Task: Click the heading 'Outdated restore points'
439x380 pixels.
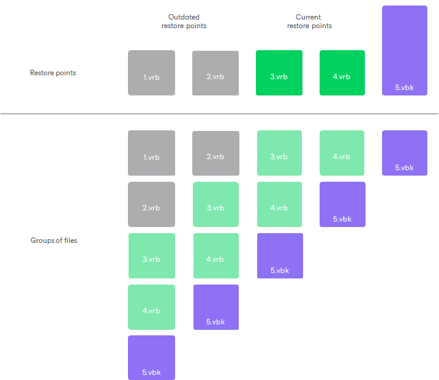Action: (x=184, y=21)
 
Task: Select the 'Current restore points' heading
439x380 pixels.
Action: (x=309, y=21)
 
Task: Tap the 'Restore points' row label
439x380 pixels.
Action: (x=53, y=73)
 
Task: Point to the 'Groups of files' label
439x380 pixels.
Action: (x=54, y=240)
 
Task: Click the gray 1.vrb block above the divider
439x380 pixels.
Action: (x=151, y=73)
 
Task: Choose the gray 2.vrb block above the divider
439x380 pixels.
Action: (x=216, y=73)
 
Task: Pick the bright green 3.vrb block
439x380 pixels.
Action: (x=279, y=73)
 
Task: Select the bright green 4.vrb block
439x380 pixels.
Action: (x=342, y=73)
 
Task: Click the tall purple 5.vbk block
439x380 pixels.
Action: (x=404, y=50)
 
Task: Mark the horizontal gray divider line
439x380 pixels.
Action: (x=219, y=114)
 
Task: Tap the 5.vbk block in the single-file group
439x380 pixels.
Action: (x=404, y=153)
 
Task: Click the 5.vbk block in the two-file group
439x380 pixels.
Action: (x=342, y=204)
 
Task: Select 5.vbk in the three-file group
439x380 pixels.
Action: (x=280, y=256)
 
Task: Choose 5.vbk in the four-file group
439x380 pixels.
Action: (x=216, y=307)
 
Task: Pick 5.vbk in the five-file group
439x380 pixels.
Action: (x=151, y=357)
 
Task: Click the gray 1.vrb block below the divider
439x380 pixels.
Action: (x=151, y=153)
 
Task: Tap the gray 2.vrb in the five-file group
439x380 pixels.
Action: (x=151, y=204)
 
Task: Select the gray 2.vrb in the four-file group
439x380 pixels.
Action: (x=216, y=153)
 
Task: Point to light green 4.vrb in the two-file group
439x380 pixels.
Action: (x=342, y=153)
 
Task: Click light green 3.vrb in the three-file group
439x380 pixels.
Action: (x=279, y=153)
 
